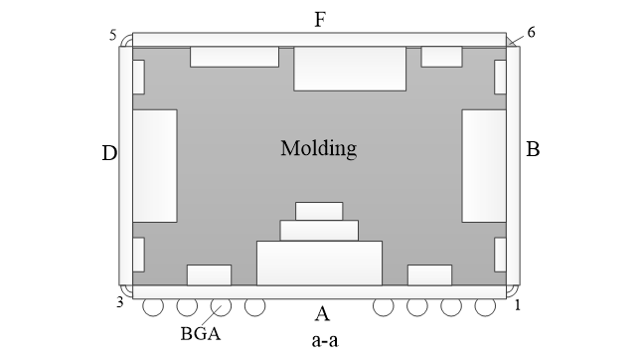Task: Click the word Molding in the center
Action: click(x=318, y=150)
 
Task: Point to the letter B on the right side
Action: click(x=533, y=150)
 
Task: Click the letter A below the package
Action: click(x=321, y=315)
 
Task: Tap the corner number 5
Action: click(x=114, y=36)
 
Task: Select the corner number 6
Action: click(x=531, y=32)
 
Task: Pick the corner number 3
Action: click(x=119, y=302)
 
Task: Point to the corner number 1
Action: click(x=517, y=304)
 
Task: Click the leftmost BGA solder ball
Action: click(x=153, y=306)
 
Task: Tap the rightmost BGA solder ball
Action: click(x=484, y=306)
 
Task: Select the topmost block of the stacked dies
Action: click(x=319, y=211)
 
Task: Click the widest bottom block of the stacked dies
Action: click(x=319, y=263)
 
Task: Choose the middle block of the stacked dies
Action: click(x=319, y=230)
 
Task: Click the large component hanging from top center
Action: click(x=350, y=68)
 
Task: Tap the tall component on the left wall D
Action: click(x=154, y=165)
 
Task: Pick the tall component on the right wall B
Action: click(x=484, y=165)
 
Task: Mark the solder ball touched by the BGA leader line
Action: click(x=221, y=306)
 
